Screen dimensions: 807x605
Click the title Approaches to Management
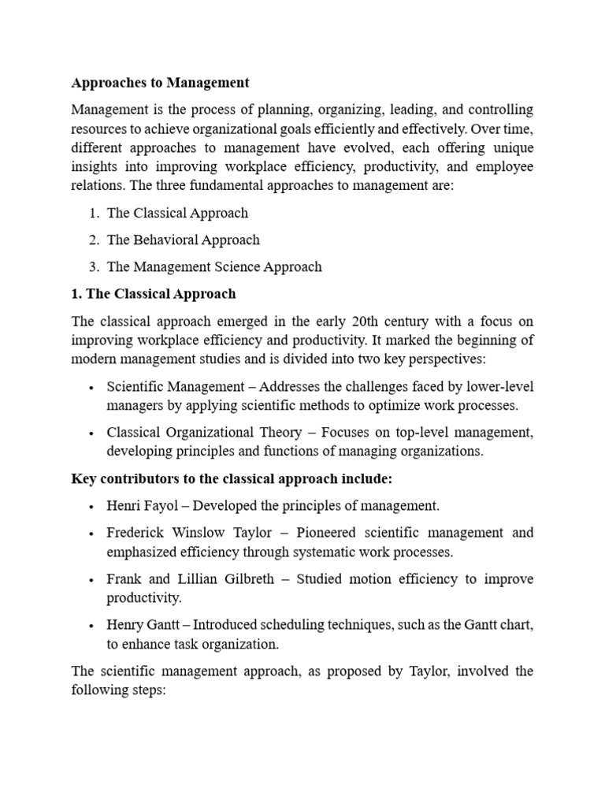(x=160, y=82)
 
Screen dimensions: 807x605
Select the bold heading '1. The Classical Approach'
(x=153, y=294)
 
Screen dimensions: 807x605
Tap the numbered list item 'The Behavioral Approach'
(x=183, y=240)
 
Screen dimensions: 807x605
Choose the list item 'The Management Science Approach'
(x=214, y=266)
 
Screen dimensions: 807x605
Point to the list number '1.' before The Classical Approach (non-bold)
(x=94, y=213)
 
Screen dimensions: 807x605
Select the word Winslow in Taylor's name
(x=196, y=533)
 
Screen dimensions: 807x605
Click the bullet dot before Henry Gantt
(x=92, y=626)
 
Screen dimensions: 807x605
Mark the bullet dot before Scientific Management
(x=92, y=387)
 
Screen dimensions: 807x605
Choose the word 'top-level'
(x=418, y=433)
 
